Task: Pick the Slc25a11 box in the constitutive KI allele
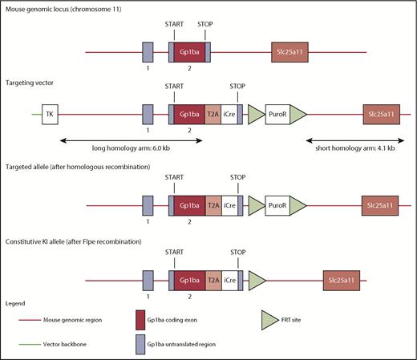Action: (x=343, y=281)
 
